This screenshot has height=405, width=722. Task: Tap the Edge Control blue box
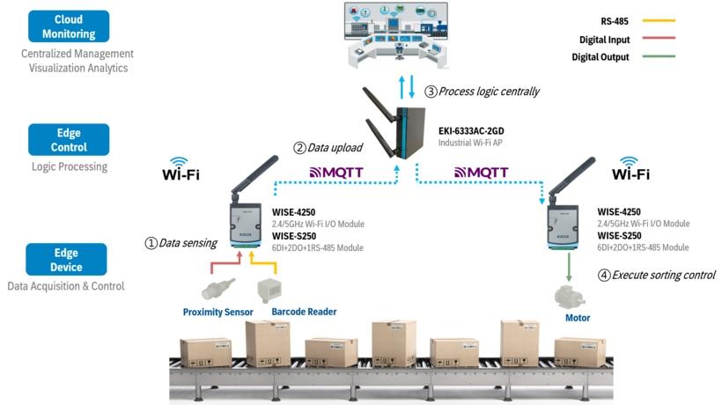(x=69, y=140)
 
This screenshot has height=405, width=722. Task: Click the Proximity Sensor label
(x=217, y=313)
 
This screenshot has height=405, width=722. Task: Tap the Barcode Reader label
(x=304, y=313)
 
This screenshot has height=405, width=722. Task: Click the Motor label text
(x=578, y=318)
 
